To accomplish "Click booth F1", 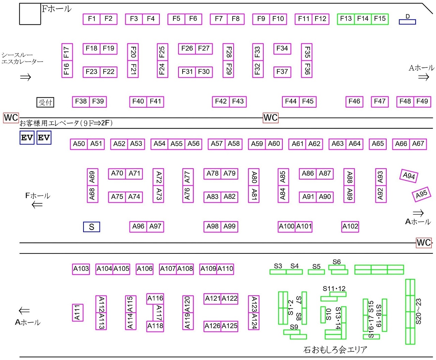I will (x=92, y=19).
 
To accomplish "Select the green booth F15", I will (x=380, y=19).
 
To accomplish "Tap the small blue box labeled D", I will (x=407, y=22).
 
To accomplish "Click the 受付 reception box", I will (x=45, y=102).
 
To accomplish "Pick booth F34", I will (x=282, y=49).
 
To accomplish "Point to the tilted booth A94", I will (x=409, y=176).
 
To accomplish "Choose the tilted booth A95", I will (x=421, y=194).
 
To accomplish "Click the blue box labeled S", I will (x=92, y=227).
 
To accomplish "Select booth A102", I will (x=350, y=226).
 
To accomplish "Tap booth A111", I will (x=78, y=313).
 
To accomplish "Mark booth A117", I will (x=159, y=312).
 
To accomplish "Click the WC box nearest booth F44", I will (x=270, y=118).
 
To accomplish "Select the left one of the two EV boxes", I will (x=27, y=138).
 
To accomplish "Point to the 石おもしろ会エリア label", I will (x=335, y=349).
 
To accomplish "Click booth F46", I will (x=354, y=101).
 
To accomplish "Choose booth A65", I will (x=378, y=144).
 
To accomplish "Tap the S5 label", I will (x=316, y=267).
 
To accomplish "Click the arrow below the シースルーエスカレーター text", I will (x=26, y=77).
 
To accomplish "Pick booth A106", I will (x=145, y=269).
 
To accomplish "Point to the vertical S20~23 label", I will (x=419, y=311).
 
